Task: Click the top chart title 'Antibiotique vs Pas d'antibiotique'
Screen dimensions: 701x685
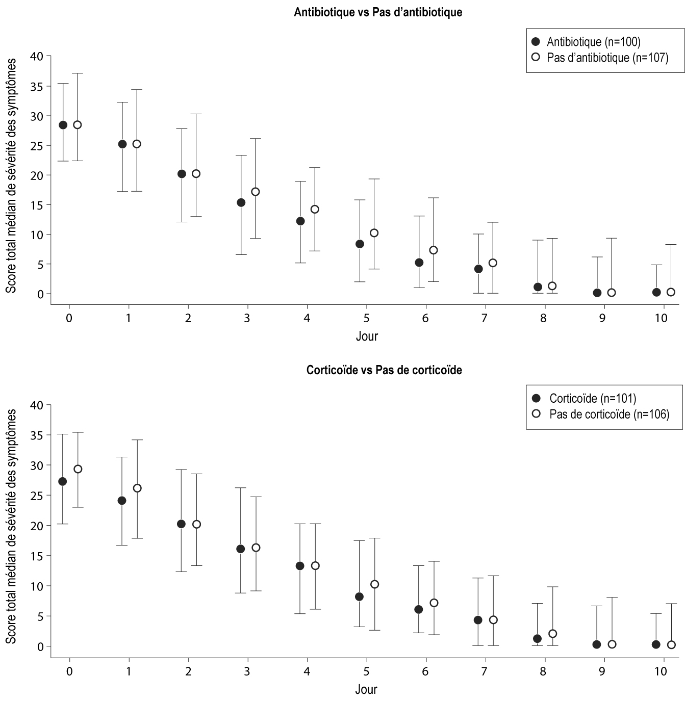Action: [378, 12]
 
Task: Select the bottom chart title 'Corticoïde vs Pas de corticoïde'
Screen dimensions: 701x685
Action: [384, 370]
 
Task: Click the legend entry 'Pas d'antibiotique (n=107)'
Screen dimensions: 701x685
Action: [607, 58]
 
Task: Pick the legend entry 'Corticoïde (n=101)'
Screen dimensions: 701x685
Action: [592, 399]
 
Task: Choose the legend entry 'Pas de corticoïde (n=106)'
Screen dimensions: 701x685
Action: [609, 414]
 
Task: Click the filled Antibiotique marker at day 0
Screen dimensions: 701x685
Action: [63, 125]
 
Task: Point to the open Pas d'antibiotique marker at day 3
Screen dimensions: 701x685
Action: [256, 192]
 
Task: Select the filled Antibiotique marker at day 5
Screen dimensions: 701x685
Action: [360, 244]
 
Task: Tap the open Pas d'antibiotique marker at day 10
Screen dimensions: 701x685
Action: [671, 292]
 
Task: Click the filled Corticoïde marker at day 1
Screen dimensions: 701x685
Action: [122, 501]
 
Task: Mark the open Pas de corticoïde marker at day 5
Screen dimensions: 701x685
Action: [374, 584]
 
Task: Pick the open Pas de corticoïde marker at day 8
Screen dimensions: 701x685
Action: [552, 634]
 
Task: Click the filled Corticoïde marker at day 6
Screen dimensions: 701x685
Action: [419, 609]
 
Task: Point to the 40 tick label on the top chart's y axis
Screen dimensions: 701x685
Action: [37, 56]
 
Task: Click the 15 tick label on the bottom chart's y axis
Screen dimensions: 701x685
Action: [37, 556]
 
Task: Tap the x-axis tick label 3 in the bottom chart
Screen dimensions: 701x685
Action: [247, 671]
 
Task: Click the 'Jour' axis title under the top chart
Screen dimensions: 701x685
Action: [366, 336]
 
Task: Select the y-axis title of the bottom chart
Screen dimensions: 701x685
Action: [11, 526]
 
